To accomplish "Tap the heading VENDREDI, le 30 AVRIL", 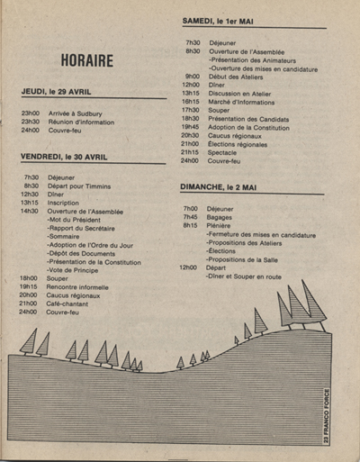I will click(70, 157).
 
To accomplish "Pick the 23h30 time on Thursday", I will click(31, 122).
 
